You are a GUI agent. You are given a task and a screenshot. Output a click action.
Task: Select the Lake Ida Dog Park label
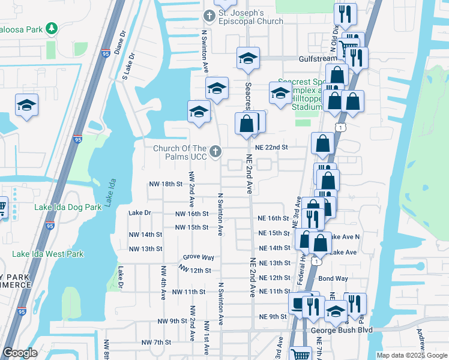(68, 207)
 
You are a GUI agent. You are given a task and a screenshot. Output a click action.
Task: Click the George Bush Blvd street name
(341, 330)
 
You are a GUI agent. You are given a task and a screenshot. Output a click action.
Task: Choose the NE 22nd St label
(272, 147)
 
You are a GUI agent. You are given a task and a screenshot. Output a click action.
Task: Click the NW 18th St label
(166, 184)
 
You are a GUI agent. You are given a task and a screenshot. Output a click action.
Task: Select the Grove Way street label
(199, 257)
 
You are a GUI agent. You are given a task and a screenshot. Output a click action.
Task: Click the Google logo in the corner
(20, 353)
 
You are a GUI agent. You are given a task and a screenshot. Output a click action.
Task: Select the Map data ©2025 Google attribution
(411, 355)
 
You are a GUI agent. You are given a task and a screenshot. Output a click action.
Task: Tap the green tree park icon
(52, 28)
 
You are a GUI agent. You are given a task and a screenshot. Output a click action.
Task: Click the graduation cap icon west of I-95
(26, 106)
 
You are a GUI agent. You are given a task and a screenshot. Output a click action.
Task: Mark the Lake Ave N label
(345, 237)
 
